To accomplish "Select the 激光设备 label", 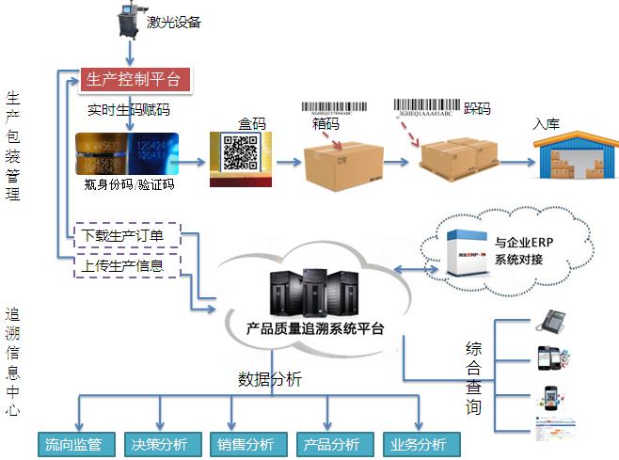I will click(174, 22).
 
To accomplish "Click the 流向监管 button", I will click(74, 444).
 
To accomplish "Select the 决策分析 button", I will click(155, 444).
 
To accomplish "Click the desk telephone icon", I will click(549, 322).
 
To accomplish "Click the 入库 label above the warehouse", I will click(547, 123).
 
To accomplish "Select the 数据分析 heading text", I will click(270, 380).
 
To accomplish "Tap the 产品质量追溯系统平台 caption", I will click(314, 329).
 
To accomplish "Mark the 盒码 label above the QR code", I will click(253, 123).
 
